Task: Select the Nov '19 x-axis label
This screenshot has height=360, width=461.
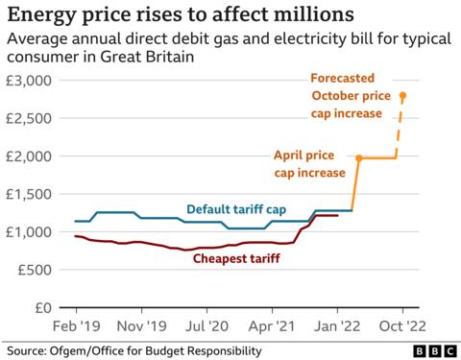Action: (x=141, y=326)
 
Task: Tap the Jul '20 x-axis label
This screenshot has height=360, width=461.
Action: (x=206, y=326)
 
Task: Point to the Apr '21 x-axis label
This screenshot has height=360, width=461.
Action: (x=272, y=326)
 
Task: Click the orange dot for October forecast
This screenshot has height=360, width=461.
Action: (x=403, y=95)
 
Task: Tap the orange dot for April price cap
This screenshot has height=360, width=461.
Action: (x=358, y=157)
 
